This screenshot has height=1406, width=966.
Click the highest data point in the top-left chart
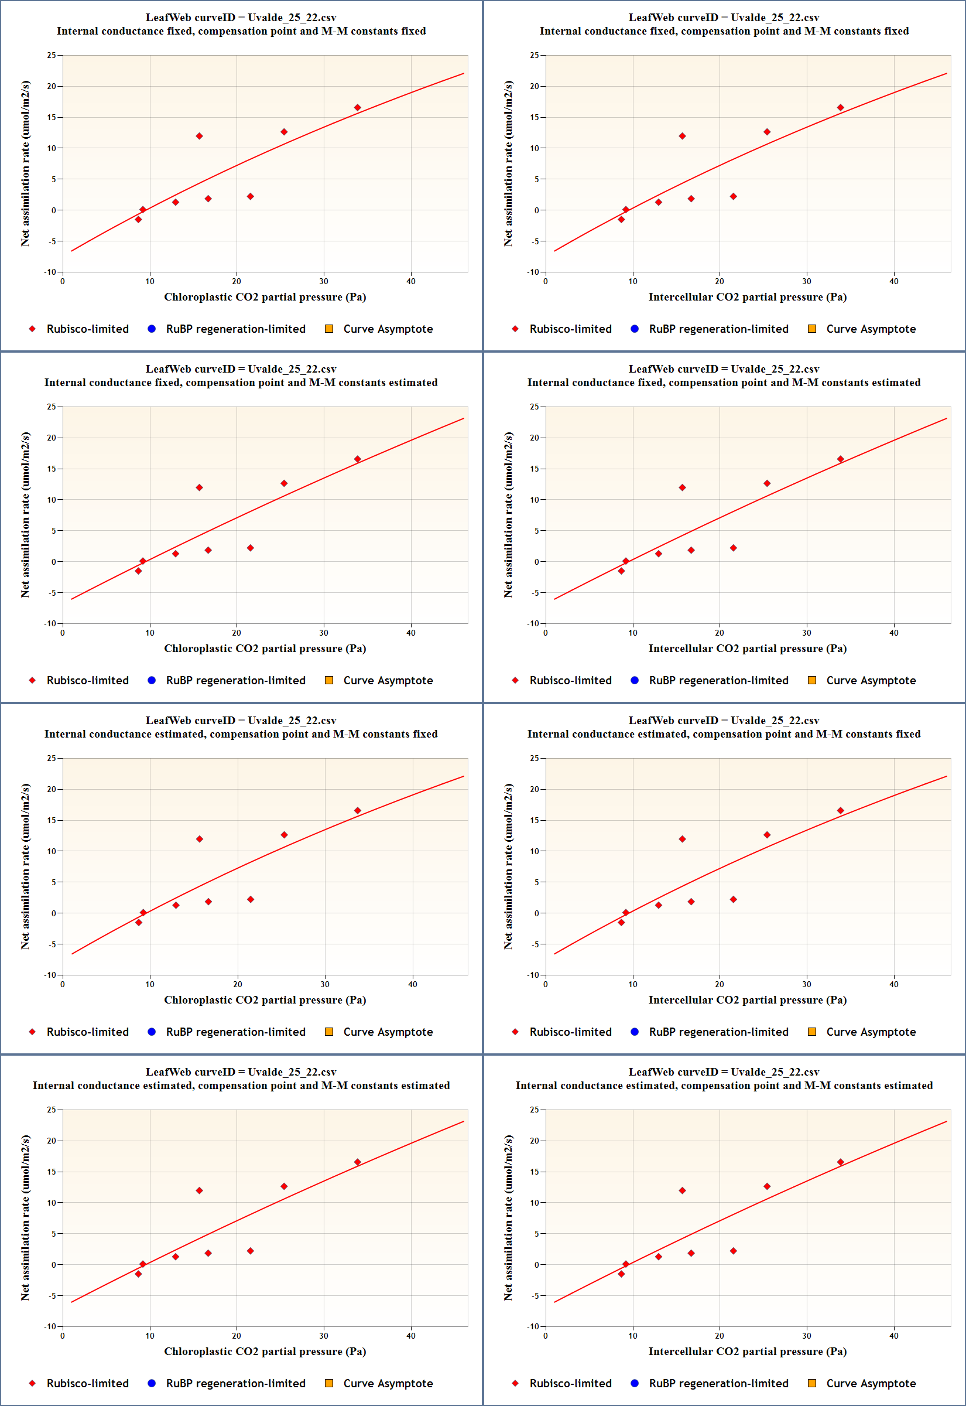(x=357, y=108)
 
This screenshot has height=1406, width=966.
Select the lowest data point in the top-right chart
(x=621, y=219)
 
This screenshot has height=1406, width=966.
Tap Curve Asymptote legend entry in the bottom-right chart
(x=871, y=1383)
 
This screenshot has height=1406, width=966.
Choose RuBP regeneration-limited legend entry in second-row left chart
(x=235, y=680)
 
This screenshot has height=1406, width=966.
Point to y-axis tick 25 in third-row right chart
(x=534, y=758)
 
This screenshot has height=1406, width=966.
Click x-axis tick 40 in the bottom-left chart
(x=411, y=1335)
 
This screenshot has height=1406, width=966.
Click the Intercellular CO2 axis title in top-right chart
(x=747, y=296)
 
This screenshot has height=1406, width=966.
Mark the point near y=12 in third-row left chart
(x=199, y=839)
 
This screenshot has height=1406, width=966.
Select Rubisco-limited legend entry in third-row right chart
(x=570, y=1032)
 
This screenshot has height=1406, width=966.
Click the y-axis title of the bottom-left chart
(x=25, y=1218)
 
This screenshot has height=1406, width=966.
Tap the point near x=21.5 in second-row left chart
(x=250, y=548)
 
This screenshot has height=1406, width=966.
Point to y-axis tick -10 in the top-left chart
(x=50, y=272)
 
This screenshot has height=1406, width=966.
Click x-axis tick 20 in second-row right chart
(x=719, y=633)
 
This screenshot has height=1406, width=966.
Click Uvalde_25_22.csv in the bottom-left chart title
(x=292, y=1071)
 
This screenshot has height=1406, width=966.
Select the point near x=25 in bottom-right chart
(x=766, y=1186)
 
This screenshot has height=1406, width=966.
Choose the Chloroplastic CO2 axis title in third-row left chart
(x=265, y=999)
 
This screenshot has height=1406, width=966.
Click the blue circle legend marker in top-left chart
(x=152, y=329)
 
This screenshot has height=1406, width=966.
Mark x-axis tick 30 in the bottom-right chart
(x=806, y=1335)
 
